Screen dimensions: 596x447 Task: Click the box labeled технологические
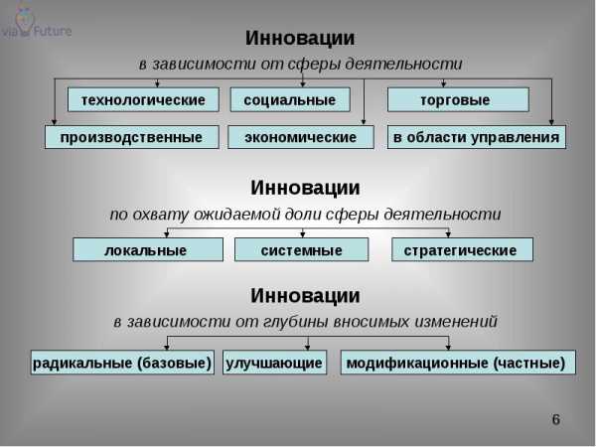[143, 99]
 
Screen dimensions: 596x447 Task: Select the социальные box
[290, 99]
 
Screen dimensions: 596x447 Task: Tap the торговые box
[458, 99]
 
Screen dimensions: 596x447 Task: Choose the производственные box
[132, 137]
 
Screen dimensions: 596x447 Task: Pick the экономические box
[301, 137]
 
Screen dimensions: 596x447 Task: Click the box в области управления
[477, 137]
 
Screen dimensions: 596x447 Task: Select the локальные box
[148, 249]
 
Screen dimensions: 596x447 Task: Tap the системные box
[301, 249]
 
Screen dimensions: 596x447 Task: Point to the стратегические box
[462, 249]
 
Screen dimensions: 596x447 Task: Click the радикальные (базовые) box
[122, 363]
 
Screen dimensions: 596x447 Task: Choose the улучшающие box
[274, 363]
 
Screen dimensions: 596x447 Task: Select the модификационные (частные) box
[458, 363]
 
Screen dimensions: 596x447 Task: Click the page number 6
[555, 419]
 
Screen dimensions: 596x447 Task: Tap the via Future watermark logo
[36, 24]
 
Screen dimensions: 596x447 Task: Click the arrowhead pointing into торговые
[443, 84]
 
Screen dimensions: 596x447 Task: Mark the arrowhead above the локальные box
[167, 234]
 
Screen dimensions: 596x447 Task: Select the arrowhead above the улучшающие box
[308, 347]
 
